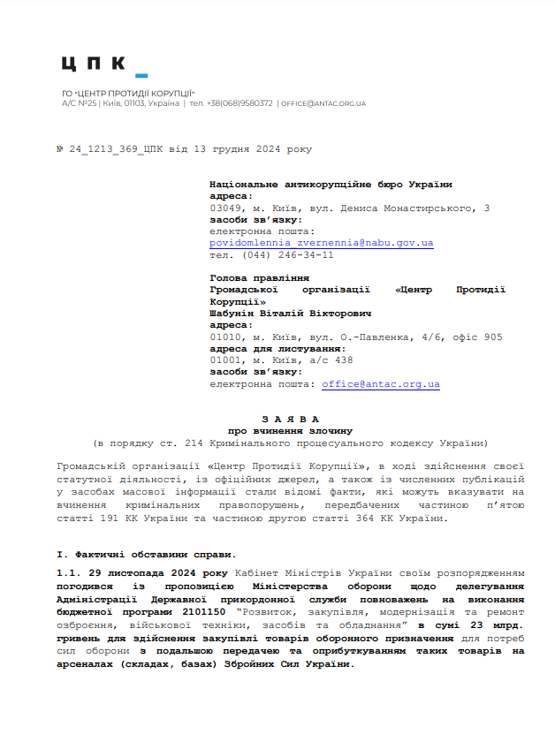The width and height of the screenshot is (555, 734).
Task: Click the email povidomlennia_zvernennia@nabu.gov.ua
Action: point(321,242)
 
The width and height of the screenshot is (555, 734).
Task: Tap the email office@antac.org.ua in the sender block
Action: point(380,384)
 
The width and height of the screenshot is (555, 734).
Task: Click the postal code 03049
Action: point(226,208)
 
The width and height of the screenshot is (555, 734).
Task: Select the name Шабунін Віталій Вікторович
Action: point(290,313)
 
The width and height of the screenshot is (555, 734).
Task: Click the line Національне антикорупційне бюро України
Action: point(331,185)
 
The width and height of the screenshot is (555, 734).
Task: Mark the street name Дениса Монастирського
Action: point(410,208)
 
